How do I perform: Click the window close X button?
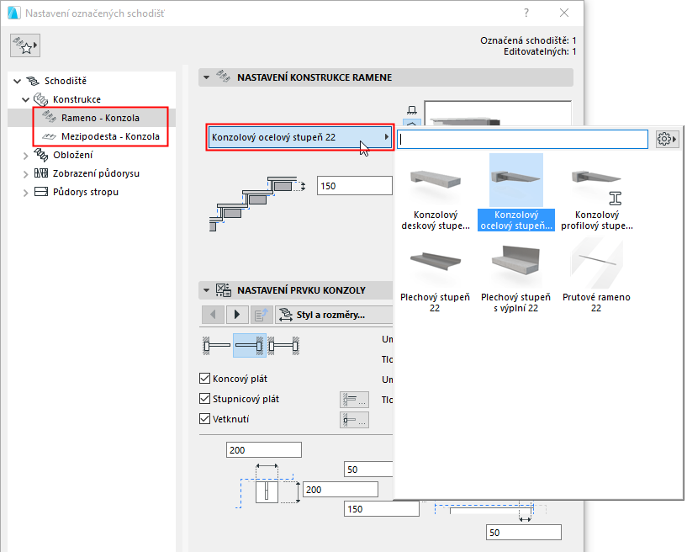coord(563,13)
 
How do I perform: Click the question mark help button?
coord(526,13)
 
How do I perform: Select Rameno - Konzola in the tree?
coord(100,118)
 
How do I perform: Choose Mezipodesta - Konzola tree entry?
coord(109,136)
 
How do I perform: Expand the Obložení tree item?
coord(24,155)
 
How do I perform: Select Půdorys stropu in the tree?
coord(85,192)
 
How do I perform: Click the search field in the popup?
coord(521,139)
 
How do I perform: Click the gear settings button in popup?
coord(667,139)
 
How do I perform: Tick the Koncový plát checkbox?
coord(204,379)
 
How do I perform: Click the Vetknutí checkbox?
coord(204,419)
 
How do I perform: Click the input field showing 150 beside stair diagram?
coord(353,186)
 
